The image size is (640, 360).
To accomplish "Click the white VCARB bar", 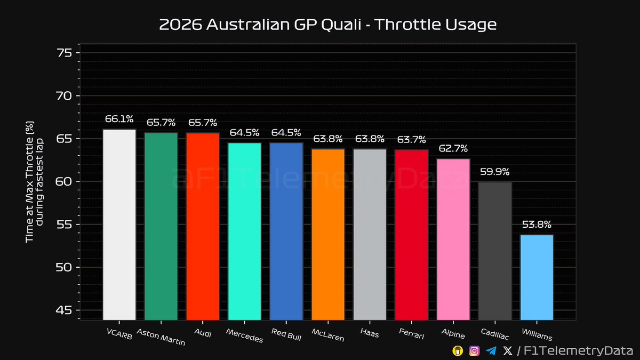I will point(119,224).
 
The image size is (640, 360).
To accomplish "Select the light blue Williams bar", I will point(537,277).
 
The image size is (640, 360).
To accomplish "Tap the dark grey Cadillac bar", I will point(495,251).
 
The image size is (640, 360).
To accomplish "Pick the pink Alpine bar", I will point(453,239).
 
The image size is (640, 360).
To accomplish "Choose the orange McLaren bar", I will point(328,235).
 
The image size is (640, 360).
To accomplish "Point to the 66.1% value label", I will point(119,119).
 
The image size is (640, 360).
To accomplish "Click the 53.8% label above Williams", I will point(537,225).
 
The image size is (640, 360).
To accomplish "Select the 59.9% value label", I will point(495,172).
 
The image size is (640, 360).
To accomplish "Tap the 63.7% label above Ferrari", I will point(411,140).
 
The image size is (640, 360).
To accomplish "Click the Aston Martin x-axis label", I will point(161,337).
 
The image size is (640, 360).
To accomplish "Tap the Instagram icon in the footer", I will point(474,351).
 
